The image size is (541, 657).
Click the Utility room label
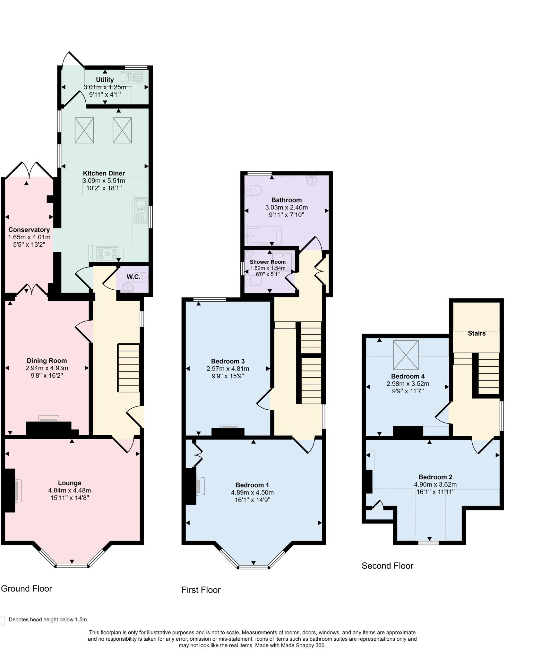pyautogui.click(x=105, y=80)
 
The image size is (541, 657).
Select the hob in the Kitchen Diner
pyautogui.click(x=107, y=253)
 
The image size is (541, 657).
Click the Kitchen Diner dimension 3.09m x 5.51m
pyautogui.click(x=104, y=181)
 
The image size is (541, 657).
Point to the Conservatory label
pyautogui.click(x=29, y=230)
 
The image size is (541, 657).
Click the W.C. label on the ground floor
pyautogui.click(x=133, y=277)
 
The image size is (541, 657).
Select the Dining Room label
pyautogui.click(x=47, y=361)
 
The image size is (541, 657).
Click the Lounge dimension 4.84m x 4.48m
pyautogui.click(x=70, y=490)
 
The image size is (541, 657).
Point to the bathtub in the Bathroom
pyautogui.click(x=263, y=236)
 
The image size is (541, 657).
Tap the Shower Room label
pyautogui.click(x=268, y=262)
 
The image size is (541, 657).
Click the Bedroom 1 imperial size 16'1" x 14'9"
pyautogui.click(x=252, y=500)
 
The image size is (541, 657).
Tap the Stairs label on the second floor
pyautogui.click(x=477, y=333)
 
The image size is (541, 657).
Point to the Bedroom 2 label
pyautogui.click(x=435, y=477)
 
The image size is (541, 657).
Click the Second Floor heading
pyautogui.click(x=387, y=566)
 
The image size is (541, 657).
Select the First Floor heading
pyautogui.click(x=201, y=590)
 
